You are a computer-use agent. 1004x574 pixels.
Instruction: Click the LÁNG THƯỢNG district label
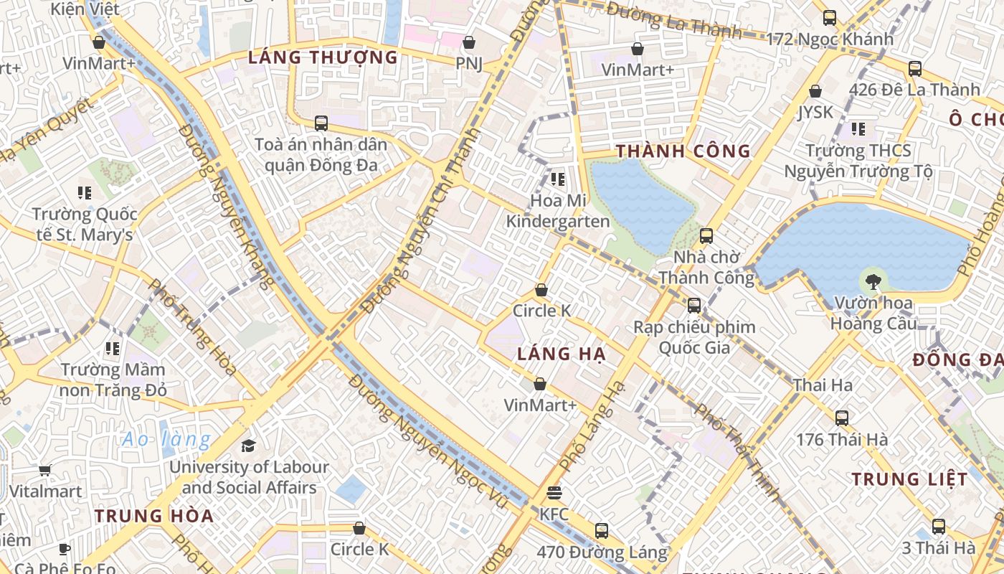(323, 57)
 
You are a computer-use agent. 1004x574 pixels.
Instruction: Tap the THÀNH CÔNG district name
(683, 151)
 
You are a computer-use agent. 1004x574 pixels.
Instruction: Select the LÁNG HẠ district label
(562, 354)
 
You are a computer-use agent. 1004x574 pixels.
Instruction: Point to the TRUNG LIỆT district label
(909, 479)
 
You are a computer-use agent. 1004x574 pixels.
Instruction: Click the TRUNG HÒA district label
(154, 516)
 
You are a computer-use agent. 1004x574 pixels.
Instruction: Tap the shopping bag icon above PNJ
(469, 43)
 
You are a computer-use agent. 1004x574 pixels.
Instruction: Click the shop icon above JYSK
(815, 91)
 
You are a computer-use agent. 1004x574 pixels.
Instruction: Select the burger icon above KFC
(554, 494)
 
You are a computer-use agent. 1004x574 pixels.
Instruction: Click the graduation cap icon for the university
(248, 446)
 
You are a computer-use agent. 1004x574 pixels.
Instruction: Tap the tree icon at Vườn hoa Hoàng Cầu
(873, 282)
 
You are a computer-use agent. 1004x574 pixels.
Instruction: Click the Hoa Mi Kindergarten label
(558, 211)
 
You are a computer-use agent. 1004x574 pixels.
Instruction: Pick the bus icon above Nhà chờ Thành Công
(706, 235)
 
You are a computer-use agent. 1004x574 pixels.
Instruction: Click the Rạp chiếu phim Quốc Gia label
(694, 337)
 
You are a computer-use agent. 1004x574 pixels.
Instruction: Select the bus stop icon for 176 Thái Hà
(842, 418)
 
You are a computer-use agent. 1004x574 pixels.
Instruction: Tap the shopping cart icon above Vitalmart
(45, 471)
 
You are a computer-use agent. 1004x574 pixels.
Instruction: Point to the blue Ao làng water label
(166, 439)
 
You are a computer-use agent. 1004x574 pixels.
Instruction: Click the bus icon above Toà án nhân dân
(321, 123)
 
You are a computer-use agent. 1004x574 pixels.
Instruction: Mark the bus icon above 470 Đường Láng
(602, 531)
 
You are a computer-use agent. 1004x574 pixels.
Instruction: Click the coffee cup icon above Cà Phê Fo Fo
(65, 550)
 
